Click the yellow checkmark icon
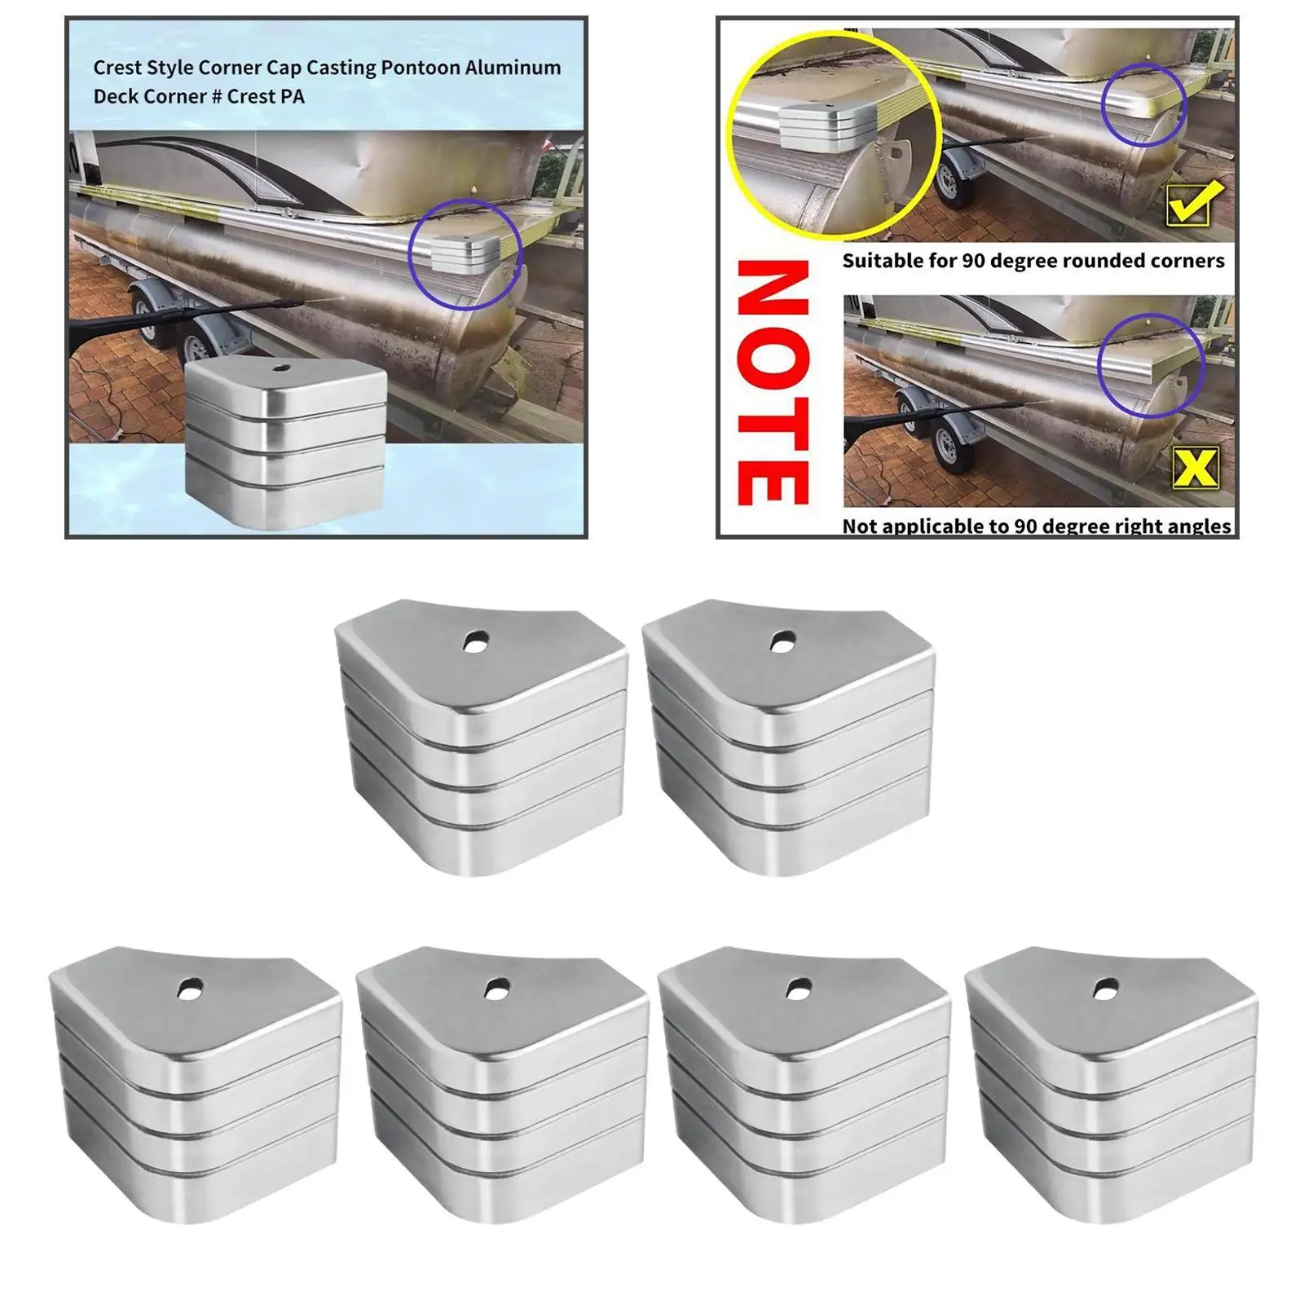[x=1195, y=204]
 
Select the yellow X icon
[x=1196, y=469]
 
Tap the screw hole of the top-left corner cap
[x=472, y=642]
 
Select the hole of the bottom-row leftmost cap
[x=191, y=988]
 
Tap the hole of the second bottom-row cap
[x=494, y=988]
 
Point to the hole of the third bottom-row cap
[x=800, y=988]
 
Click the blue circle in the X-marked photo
[x=1150, y=365]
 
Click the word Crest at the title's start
[x=117, y=68]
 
